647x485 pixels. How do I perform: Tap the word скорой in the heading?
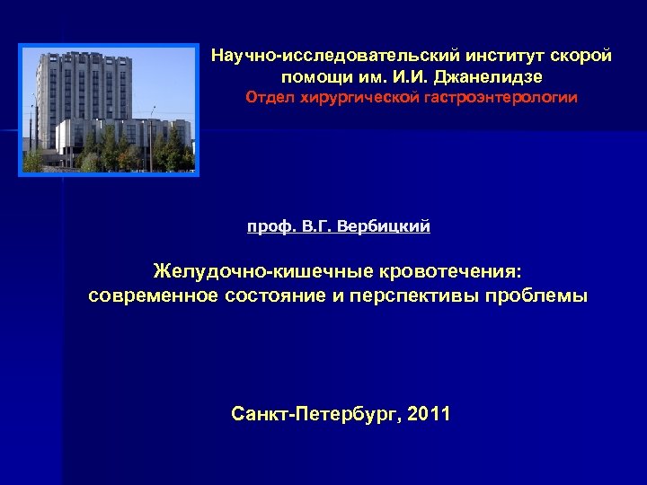click(585, 57)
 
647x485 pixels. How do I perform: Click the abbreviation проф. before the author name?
click(267, 227)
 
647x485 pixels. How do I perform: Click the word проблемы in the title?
click(544, 296)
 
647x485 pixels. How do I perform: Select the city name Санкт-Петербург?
click(314, 414)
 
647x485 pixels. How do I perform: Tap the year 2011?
click(430, 414)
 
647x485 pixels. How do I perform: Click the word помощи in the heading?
click(312, 76)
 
